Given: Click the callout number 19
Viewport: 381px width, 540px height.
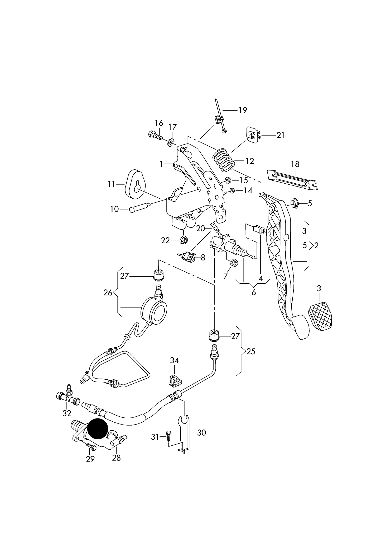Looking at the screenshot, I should pyautogui.click(x=243, y=110).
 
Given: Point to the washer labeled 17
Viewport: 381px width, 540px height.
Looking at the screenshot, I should pyautogui.click(x=171, y=143).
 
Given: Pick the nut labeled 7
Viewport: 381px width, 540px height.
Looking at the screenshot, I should pyautogui.click(x=234, y=263).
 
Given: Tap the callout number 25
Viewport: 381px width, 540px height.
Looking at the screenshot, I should pyautogui.click(x=250, y=352).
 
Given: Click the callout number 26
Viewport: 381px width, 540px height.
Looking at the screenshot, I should pyautogui.click(x=108, y=293).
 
